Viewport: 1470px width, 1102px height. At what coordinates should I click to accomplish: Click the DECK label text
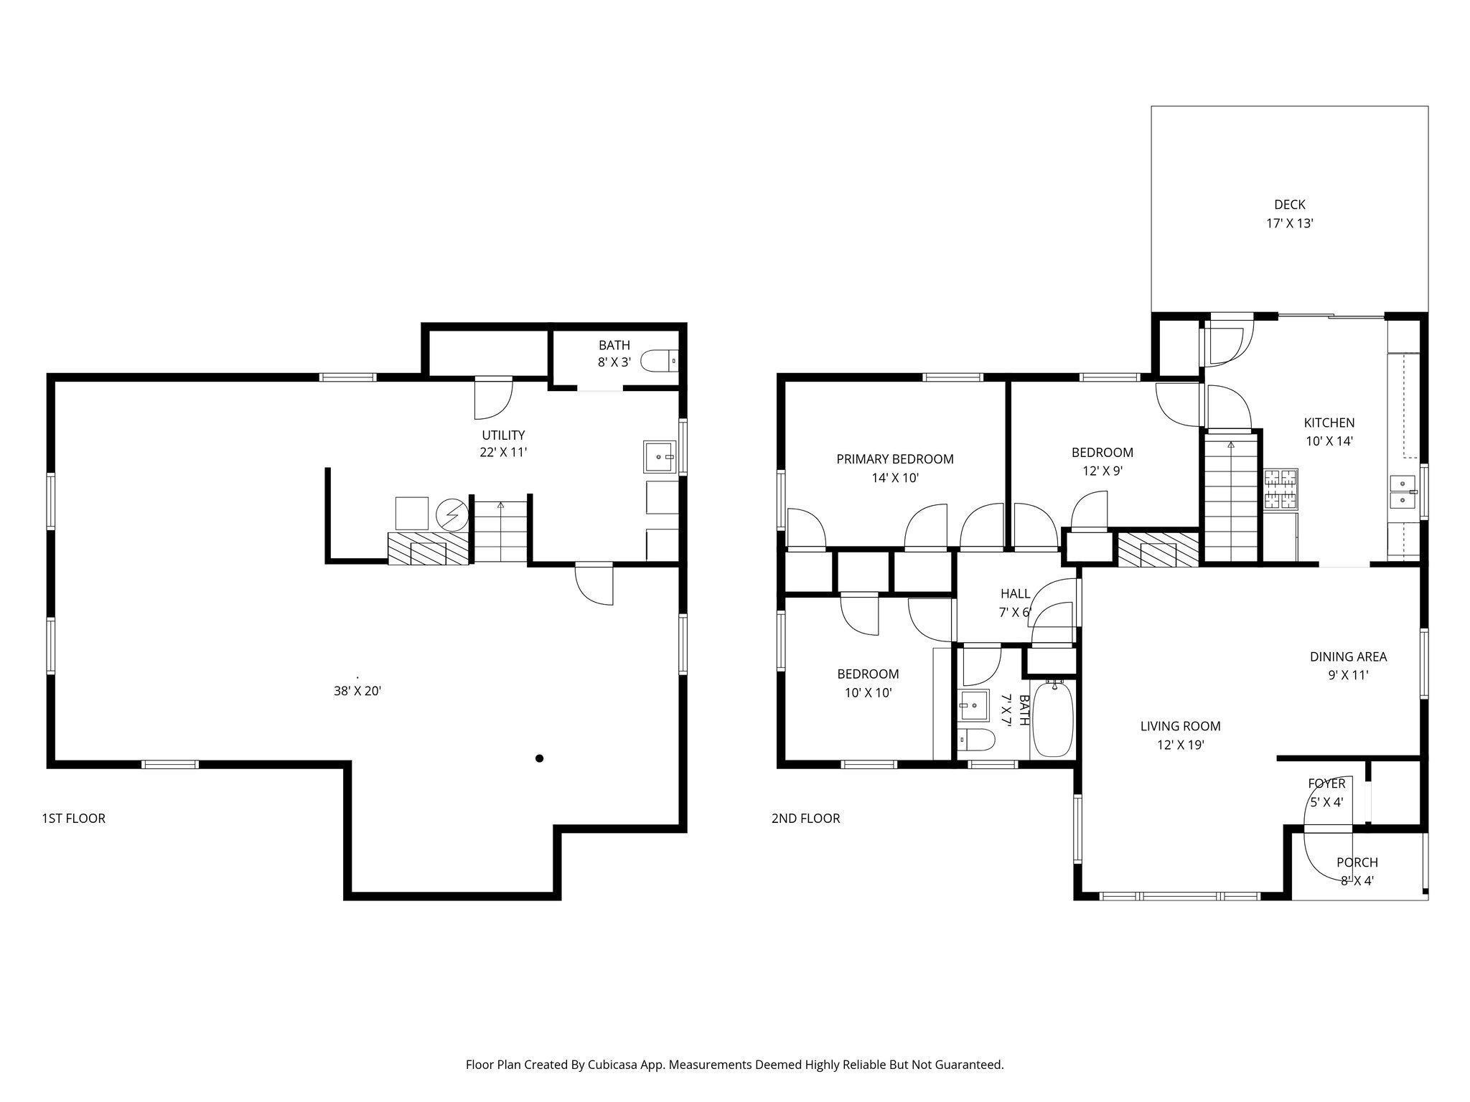[x=1289, y=204]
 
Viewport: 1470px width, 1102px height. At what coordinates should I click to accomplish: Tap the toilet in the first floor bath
[x=658, y=361]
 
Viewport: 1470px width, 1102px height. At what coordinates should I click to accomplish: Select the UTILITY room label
[x=503, y=435]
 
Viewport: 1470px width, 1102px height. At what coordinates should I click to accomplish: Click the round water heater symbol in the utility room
[x=451, y=513]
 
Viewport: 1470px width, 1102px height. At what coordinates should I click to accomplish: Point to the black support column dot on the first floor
[x=539, y=758]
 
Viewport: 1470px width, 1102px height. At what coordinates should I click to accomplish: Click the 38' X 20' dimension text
[x=357, y=692]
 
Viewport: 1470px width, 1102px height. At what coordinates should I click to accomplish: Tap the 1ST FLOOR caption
[x=74, y=818]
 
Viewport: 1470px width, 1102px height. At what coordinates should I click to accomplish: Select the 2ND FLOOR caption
[x=805, y=818]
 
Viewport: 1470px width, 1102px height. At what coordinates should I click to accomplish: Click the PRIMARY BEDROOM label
[x=894, y=459]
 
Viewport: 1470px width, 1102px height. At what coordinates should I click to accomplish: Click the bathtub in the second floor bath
[x=1053, y=720]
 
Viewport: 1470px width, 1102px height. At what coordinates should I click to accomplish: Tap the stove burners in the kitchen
[x=1281, y=489]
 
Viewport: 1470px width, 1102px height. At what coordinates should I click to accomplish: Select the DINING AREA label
[x=1348, y=656]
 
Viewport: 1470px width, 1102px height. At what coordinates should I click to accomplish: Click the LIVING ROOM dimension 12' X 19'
[x=1180, y=745]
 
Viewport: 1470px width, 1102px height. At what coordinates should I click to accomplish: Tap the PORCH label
[x=1357, y=862]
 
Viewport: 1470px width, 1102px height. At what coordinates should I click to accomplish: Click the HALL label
[x=1015, y=593]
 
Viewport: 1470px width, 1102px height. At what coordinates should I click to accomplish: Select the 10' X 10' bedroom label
[x=868, y=692]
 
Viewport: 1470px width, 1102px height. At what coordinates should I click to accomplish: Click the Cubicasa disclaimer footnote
[x=734, y=1065]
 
